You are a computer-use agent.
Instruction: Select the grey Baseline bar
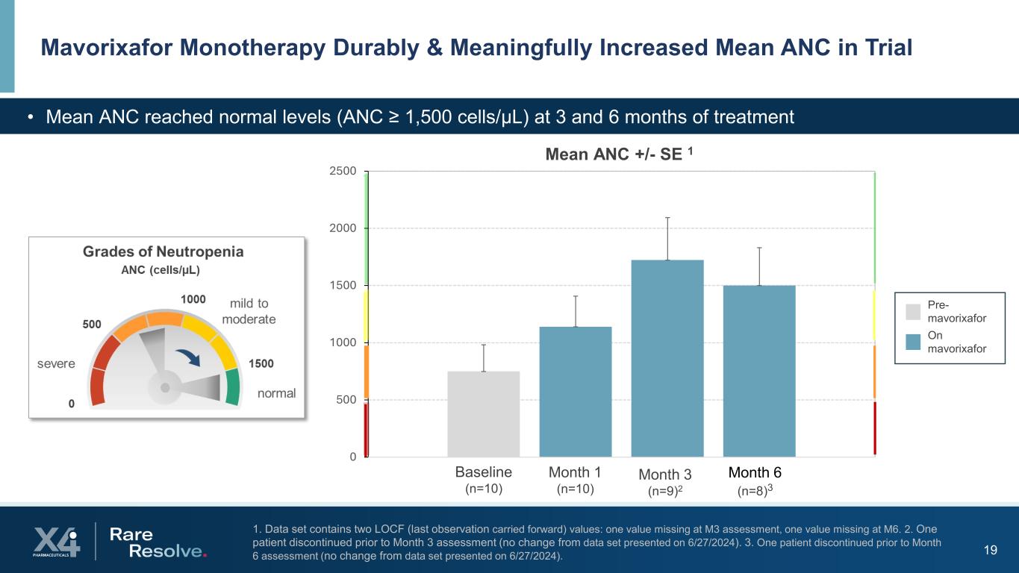tap(483, 414)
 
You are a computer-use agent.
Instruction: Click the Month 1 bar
tap(576, 392)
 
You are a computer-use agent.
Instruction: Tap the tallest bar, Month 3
tap(667, 358)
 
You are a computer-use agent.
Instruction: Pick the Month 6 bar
tap(759, 371)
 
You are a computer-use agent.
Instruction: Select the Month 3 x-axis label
tap(665, 475)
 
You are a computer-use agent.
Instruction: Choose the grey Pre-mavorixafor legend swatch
tap(913, 311)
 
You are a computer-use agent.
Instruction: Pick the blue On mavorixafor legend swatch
tap(913, 342)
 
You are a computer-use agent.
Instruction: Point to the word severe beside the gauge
tap(56, 363)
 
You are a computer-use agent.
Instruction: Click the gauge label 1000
tap(193, 298)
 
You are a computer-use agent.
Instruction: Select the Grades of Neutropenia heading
tap(163, 251)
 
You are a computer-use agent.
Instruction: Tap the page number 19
tap(991, 551)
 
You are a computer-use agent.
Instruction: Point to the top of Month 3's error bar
tap(667, 218)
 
